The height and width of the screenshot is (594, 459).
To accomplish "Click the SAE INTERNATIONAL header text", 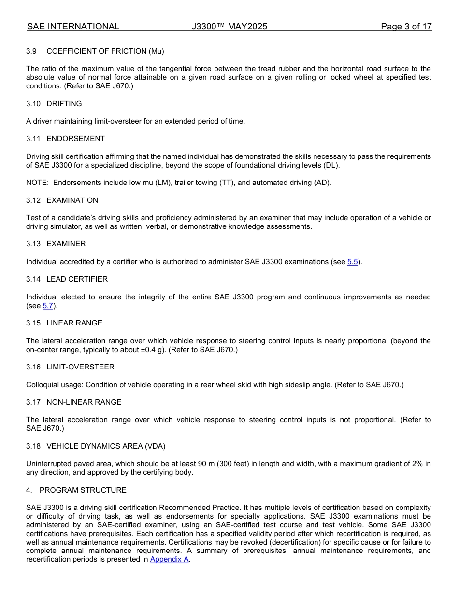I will click(x=73, y=27).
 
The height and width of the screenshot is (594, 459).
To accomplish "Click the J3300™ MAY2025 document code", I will click(x=229, y=27).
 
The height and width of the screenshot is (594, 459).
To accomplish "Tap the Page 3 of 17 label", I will click(x=406, y=27).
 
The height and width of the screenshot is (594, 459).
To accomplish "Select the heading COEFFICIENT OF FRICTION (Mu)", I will click(x=105, y=51).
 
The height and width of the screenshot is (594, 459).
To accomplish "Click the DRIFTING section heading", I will click(x=64, y=104).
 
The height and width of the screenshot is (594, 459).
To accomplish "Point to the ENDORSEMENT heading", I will click(x=75, y=139).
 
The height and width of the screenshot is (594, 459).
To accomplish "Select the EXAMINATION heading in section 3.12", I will click(x=72, y=200).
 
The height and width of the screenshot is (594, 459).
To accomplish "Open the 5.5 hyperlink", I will click(x=353, y=262).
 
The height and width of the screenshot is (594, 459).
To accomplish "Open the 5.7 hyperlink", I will click(x=48, y=306).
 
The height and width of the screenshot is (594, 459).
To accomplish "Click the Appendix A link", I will click(x=169, y=560).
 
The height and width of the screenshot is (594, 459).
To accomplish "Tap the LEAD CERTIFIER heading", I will click(x=77, y=279).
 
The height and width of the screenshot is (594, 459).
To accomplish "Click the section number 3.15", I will click(x=33, y=323).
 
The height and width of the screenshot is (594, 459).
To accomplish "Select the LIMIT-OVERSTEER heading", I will click(x=80, y=367).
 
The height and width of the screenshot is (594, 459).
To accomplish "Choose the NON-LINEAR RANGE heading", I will click(x=84, y=402).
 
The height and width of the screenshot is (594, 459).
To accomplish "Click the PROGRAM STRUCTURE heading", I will click(x=83, y=490).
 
